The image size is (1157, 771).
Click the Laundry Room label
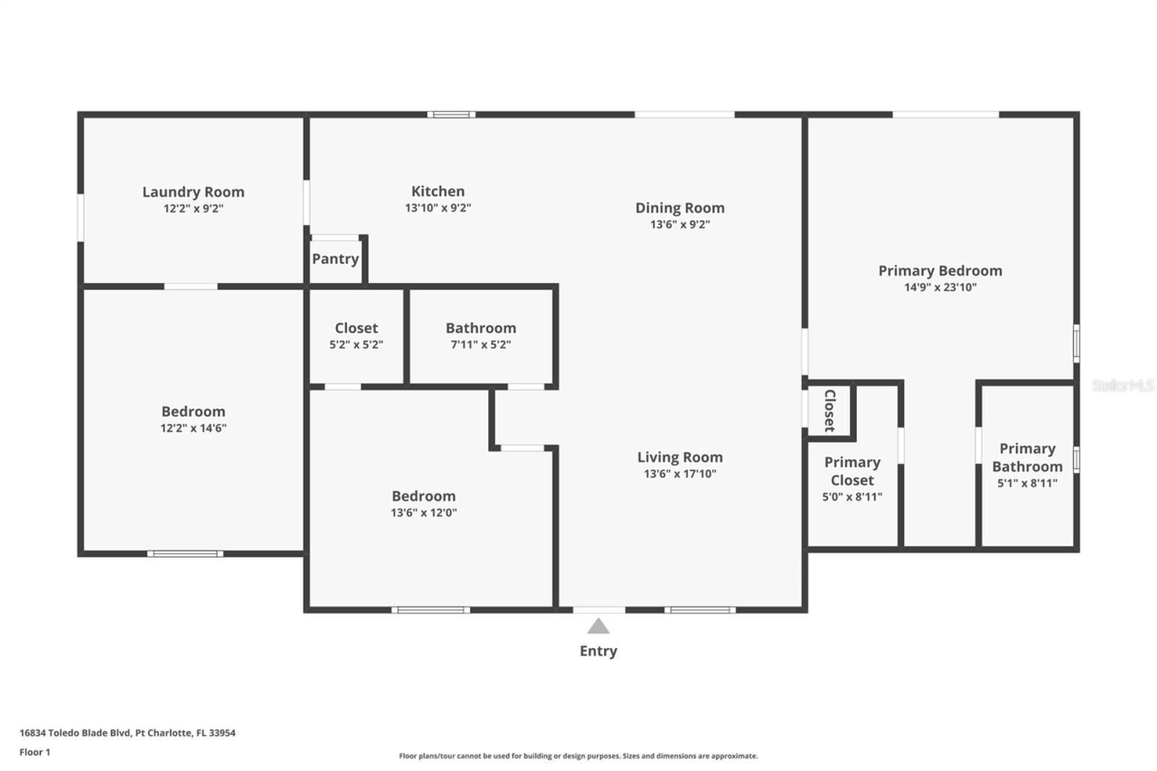(193, 192)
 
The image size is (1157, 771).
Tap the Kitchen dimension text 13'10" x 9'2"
(437, 208)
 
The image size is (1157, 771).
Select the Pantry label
(335, 259)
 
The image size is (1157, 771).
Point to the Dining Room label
(680, 208)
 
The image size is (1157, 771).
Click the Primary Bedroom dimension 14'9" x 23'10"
(940, 287)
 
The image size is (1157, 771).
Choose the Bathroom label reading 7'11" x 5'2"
(481, 328)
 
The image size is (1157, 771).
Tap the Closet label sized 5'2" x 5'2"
(356, 328)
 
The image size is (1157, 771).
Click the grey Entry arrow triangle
(598, 625)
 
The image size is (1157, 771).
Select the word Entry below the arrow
(598, 651)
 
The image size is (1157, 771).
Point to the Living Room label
(680, 457)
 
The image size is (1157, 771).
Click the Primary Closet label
(851, 471)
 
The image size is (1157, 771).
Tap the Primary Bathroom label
(1027, 457)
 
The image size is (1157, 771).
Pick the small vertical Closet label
(828, 412)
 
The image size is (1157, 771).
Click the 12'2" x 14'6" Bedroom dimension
(193, 428)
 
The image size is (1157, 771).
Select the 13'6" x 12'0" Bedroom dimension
(423, 512)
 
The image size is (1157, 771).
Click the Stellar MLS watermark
(1124, 385)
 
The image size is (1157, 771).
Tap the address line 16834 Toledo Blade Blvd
(127, 733)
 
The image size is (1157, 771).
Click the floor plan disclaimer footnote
(578, 756)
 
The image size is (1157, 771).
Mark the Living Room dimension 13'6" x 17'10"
(680, 474)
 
